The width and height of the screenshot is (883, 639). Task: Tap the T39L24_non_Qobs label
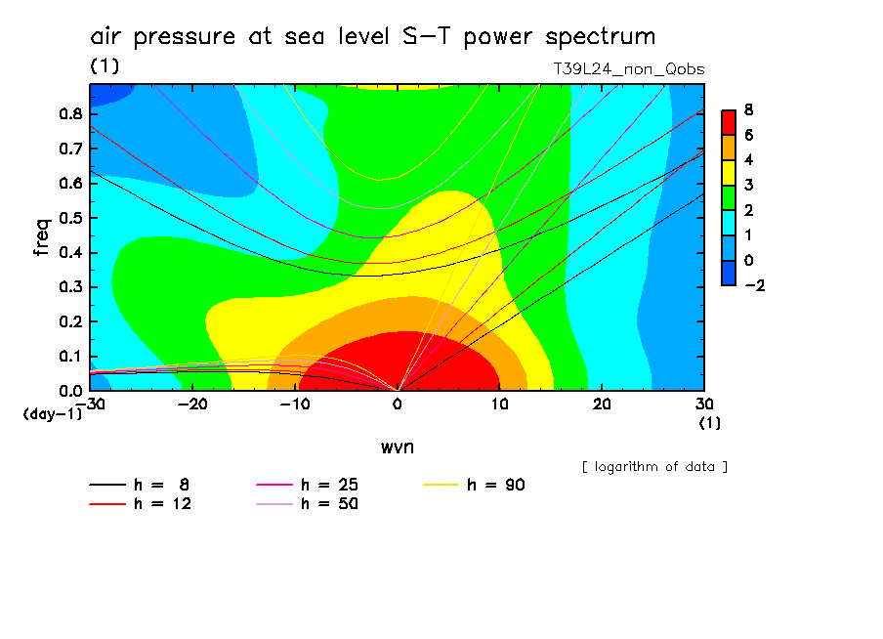tap(628, 69)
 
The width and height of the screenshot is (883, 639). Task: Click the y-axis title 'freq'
tap(41, 236)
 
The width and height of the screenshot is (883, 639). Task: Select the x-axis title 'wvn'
tap(397, 447)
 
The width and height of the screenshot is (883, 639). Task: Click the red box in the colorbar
tap(728, 121)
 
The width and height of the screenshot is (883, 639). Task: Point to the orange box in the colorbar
tap(728, 146)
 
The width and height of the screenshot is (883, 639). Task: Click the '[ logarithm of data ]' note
tap(654, 466)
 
